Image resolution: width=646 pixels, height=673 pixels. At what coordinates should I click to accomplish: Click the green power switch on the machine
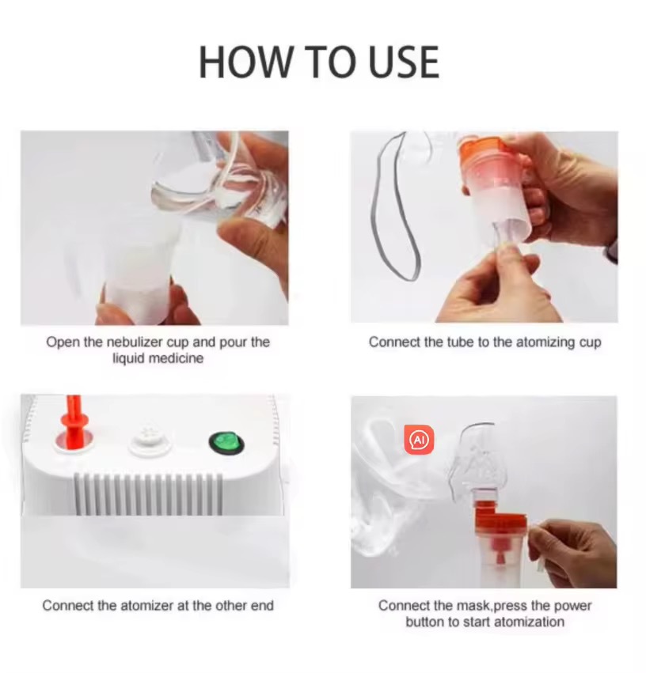coord(226,444)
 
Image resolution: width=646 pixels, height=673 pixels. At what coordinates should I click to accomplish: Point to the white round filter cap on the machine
coord(148,438)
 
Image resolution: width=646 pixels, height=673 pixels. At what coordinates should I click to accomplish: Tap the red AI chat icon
coord(419,439)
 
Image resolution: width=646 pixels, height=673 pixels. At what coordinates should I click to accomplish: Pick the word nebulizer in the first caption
coord(135,342)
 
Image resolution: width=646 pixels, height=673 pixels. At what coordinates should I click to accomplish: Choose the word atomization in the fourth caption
coord(529,622)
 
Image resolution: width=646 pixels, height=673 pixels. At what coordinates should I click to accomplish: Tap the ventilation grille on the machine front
coord(149,493)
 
